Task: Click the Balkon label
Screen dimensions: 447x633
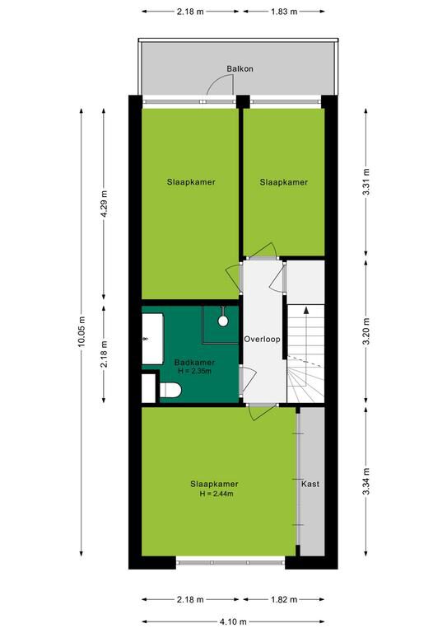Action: [240, 68]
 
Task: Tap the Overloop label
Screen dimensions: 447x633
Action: [262, 339]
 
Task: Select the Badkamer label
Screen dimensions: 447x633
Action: [194, 363]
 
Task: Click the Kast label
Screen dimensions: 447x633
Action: [310, 484]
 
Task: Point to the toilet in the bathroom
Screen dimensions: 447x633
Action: [170, 391]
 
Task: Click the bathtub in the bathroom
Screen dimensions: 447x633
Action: [153, 339]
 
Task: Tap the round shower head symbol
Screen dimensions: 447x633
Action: [223, 321]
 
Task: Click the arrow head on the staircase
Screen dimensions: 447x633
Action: [306, 311]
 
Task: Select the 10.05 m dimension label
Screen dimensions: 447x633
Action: [81, 331]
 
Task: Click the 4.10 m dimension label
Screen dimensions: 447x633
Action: [233, 621]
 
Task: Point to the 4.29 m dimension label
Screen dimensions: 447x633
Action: [104, 204]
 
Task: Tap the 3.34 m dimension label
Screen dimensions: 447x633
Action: [366, 481]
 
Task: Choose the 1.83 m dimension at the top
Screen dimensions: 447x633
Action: [284, 12]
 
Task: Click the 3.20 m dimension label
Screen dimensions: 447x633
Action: [366, 332]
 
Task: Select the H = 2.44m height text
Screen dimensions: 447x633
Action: [217, 494]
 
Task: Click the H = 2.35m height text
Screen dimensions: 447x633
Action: [194, 371]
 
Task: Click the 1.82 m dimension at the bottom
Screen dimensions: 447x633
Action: [284, 599]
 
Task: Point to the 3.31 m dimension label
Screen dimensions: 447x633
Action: [366, 182]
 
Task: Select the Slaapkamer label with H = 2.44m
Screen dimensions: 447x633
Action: [214, 484]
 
